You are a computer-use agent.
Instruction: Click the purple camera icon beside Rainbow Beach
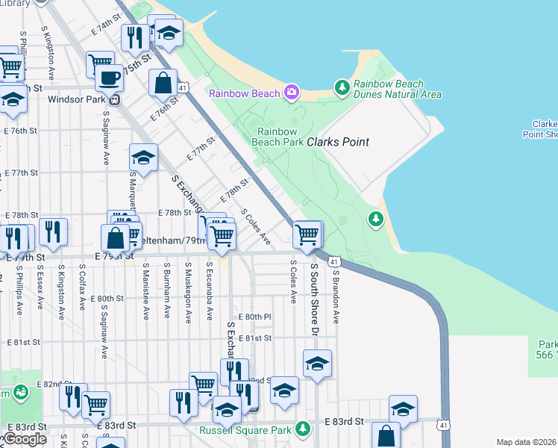[x=292, y=93]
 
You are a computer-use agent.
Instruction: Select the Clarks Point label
[x=338, y=141]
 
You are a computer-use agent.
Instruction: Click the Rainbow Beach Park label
[x=278, y=136]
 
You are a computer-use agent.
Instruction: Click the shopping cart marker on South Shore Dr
[x=307, y=234]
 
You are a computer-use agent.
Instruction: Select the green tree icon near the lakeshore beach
[x=375, y=219]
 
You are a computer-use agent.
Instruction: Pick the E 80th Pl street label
[x=257, y=317]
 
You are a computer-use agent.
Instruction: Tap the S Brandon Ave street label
[x=336, y=296]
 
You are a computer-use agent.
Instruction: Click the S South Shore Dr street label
[x=315, y=299]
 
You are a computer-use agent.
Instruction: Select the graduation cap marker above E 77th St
[x=143, y=157]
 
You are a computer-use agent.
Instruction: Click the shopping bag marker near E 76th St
[x=163, y=83]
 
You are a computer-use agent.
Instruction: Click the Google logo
[x=25, y=439]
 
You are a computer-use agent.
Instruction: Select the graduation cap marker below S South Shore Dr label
[x=318, y=364]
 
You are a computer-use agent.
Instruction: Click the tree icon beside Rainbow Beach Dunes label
[x=342, y=88]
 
